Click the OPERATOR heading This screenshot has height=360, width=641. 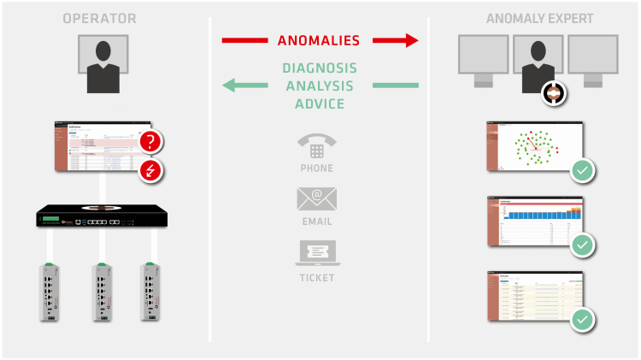tap(99, 19)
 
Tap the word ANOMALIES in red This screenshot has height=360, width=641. tap(318, 40)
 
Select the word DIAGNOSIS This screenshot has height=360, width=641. tap(319, 68)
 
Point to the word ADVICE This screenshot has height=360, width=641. tap(314, 104)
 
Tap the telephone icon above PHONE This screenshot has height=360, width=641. tap(315, 145)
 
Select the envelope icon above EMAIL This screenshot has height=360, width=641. tap(316, 199)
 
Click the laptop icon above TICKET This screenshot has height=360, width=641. tap(316, 252)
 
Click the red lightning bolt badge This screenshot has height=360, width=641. tap(150, 171)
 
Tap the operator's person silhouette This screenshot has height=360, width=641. tap(103, 67)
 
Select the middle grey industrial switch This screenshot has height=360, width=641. tap(103, 292)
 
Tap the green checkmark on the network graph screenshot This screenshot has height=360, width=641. tap(583, 170)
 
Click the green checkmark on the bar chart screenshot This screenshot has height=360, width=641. tap(583, 245)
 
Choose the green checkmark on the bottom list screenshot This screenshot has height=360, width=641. tap(583, 320)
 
